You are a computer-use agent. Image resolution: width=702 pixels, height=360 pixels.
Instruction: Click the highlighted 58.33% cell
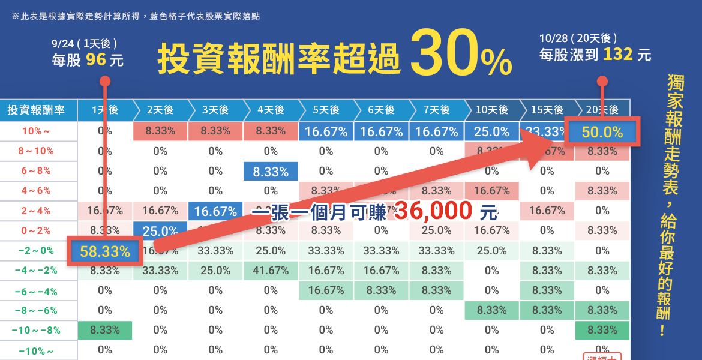pos(105,252)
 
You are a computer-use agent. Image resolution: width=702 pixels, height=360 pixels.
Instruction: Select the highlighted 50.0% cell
pos(602,132)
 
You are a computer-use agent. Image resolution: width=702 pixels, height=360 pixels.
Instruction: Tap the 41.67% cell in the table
pos(271,271)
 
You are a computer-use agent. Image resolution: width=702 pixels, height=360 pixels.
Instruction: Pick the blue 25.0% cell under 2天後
pos(160,231)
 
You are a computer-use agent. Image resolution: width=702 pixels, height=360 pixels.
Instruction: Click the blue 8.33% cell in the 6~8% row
pos(271,172)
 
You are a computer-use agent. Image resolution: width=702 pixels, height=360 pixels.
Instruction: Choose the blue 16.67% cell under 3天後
pos(215,211)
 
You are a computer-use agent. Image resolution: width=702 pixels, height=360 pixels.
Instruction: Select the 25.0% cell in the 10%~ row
pos(491,131)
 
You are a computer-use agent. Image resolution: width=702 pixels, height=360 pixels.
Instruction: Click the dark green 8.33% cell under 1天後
pos(105,330)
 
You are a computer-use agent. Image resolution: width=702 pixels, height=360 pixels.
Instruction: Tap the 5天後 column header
pos(326,110)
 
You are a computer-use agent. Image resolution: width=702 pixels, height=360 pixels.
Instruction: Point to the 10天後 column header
pos(491,110)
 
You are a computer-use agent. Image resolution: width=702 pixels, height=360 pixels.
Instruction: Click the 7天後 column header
pos(436,110)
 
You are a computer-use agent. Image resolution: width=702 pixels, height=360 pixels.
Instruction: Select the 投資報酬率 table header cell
pos(36,110)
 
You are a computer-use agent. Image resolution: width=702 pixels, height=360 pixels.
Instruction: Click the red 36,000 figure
pos(432,211)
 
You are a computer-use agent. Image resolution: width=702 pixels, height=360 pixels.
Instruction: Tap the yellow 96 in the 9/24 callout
pos(95,60)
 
